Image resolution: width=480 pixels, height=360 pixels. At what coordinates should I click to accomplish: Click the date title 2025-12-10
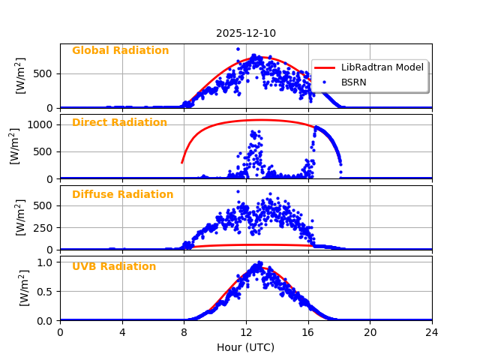point(246,33)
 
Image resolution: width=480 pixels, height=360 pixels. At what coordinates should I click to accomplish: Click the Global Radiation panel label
point(120,51)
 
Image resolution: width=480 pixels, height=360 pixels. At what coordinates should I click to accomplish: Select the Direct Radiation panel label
point(119,123)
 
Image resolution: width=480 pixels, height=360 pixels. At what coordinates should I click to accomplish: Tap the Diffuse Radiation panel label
point(122,195)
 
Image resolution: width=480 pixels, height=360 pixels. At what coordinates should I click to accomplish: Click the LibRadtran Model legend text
point(382,67)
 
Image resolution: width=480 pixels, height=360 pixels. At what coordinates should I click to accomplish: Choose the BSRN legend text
point(354,82)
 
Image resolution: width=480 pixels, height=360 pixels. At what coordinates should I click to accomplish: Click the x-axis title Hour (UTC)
point(246,347)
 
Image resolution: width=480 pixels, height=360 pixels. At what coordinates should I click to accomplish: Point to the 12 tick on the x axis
point(246,332)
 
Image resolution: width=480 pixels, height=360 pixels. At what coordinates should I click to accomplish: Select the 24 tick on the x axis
point(432,332)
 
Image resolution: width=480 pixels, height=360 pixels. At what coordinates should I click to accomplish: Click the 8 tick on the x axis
point(184,332)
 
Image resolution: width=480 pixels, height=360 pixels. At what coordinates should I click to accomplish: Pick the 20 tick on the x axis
point(370,332)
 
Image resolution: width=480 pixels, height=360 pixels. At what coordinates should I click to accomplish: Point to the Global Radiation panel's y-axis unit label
point(21,75)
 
